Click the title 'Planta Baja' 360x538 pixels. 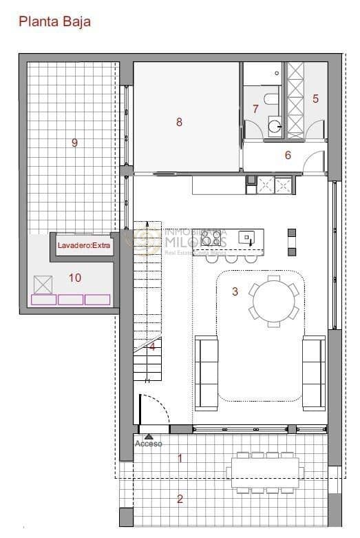pyautogui.click(x=54, y=21)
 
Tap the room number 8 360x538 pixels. pyautogui.click(x=179, y=122)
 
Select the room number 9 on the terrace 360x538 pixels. pyautogui.click(x=74, y=143)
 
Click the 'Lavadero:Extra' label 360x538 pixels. pyautogui.click(x=83, y=245)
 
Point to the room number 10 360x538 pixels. pyautogui.click(x=74, y=278)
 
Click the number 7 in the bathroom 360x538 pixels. pyautogui.click(x=255, y=109)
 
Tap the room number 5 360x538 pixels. pyautogui.click(x=315, y=99)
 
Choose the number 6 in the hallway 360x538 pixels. pyautogui.click(x=288, y=155)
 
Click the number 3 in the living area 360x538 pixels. pyautogui.click(x=235, y=292)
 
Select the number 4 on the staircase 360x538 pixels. pyautogui.click(x=152, y=346)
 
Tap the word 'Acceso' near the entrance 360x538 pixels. pyautogui.click(x=149, y=444)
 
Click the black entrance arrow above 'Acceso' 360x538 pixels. pyautogui.click(x=149, y=436)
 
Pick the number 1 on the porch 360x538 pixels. pyautogui.click(x=180, y=457)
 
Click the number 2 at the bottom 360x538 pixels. pyautogui.click(x=180, y=499)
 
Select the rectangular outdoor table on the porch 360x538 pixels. pyautogui.click(x=265, y=473)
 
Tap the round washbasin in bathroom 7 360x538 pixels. pyautogui.click(x=274, y=125)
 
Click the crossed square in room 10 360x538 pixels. pyautogui.click(x=43, y=284)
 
